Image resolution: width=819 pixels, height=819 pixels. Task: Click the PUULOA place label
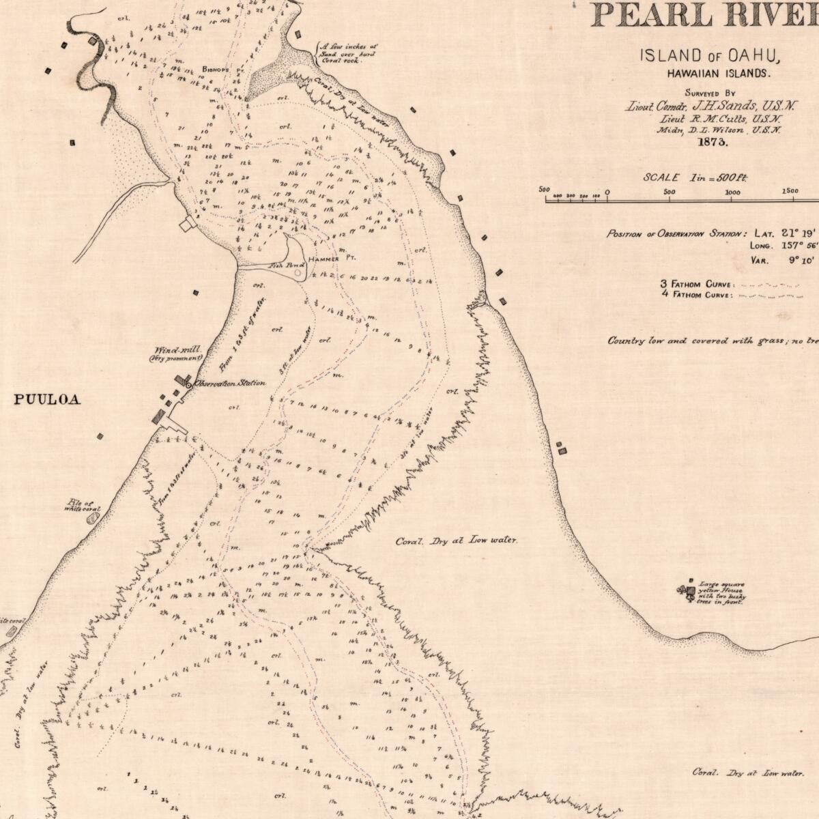tap(47, 400)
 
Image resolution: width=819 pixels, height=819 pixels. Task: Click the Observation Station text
tap(230, 384)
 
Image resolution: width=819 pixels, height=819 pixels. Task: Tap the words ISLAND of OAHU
tap(710, 56)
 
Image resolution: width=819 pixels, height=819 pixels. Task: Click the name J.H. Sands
tap(723, 106)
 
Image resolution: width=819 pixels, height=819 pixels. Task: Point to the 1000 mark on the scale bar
tap(732, 192)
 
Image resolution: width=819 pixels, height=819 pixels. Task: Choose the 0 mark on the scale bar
tap(607, 192)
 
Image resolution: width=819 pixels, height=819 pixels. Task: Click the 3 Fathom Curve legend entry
tap(696, 284)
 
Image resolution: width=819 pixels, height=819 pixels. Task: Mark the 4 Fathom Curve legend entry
tap(696, 295)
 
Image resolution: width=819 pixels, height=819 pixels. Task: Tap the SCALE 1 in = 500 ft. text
tap(695, 177)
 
